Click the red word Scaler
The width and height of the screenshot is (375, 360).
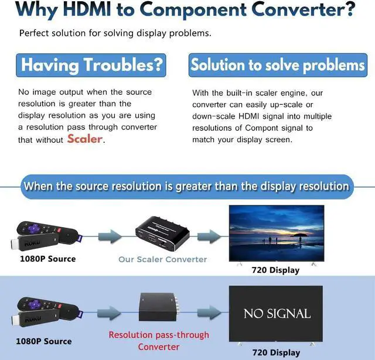[x=85, y=139]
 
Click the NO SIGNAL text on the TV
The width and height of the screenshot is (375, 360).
[x=277, y=314]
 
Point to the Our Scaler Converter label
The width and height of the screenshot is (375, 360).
[x=163, y=259]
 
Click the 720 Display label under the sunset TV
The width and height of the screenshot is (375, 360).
[x=275, y=270]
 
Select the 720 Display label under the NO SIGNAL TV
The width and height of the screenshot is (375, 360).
[x=275, y=352]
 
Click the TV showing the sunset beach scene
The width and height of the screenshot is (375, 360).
[x=276, y=233]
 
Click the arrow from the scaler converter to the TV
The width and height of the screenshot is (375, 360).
[x=210, y=236]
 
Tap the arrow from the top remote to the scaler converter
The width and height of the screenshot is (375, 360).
[x=108, y=236]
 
